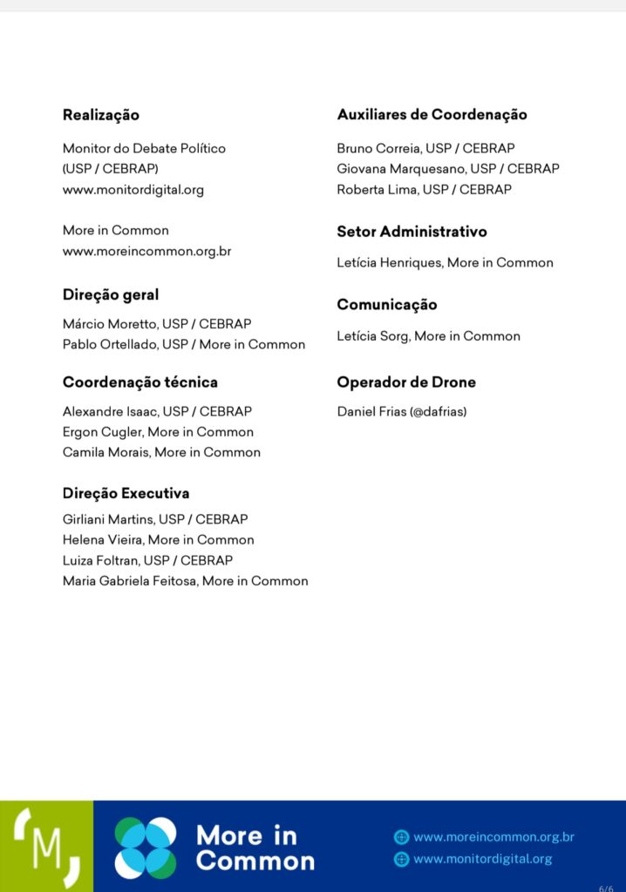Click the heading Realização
pyautogui.click(x=101, y=115)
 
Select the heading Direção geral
pyautogui.click(x=111, y=294)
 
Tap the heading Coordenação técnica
pyautogui.click(x=140, y=382)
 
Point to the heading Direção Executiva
pyautogui.click(x=126, y=493)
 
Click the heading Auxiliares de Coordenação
pyautogui.click(x=432, y=114)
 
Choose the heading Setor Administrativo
pyautogui.click(x=412, y=232)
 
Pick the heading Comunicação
pyautogui.click(x=387, y=305)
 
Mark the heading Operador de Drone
pyautogui.click(x=406, y=382)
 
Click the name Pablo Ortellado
pyautogui.click(x=111, y=344)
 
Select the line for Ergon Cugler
pyautogui.click(x=158, y=431)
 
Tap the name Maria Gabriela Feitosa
pyautogui.click(x=129, y=581)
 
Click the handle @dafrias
pyautogui.click(x=437, y=411)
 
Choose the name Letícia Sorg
pyautogui.click(x=373, y=335)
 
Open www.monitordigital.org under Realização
pyautogui.click(x=133, y=189)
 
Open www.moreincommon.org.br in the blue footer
pyautogui.click(x=493, y=837)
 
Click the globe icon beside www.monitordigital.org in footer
pyautogui.click(x=401, y=859)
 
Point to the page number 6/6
pyautogui.click(x=606, y=888)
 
